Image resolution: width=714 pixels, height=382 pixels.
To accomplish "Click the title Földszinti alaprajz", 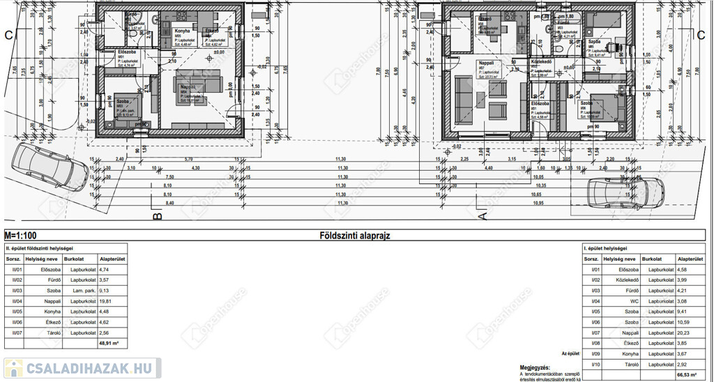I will [354, 236].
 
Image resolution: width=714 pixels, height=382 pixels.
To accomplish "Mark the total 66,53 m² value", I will [687, 374].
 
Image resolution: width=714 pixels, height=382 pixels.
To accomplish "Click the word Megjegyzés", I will [534, 367].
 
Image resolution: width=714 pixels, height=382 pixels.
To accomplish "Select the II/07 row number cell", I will [15, 333].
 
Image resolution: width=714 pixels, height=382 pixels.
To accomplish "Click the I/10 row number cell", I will [595, 365].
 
